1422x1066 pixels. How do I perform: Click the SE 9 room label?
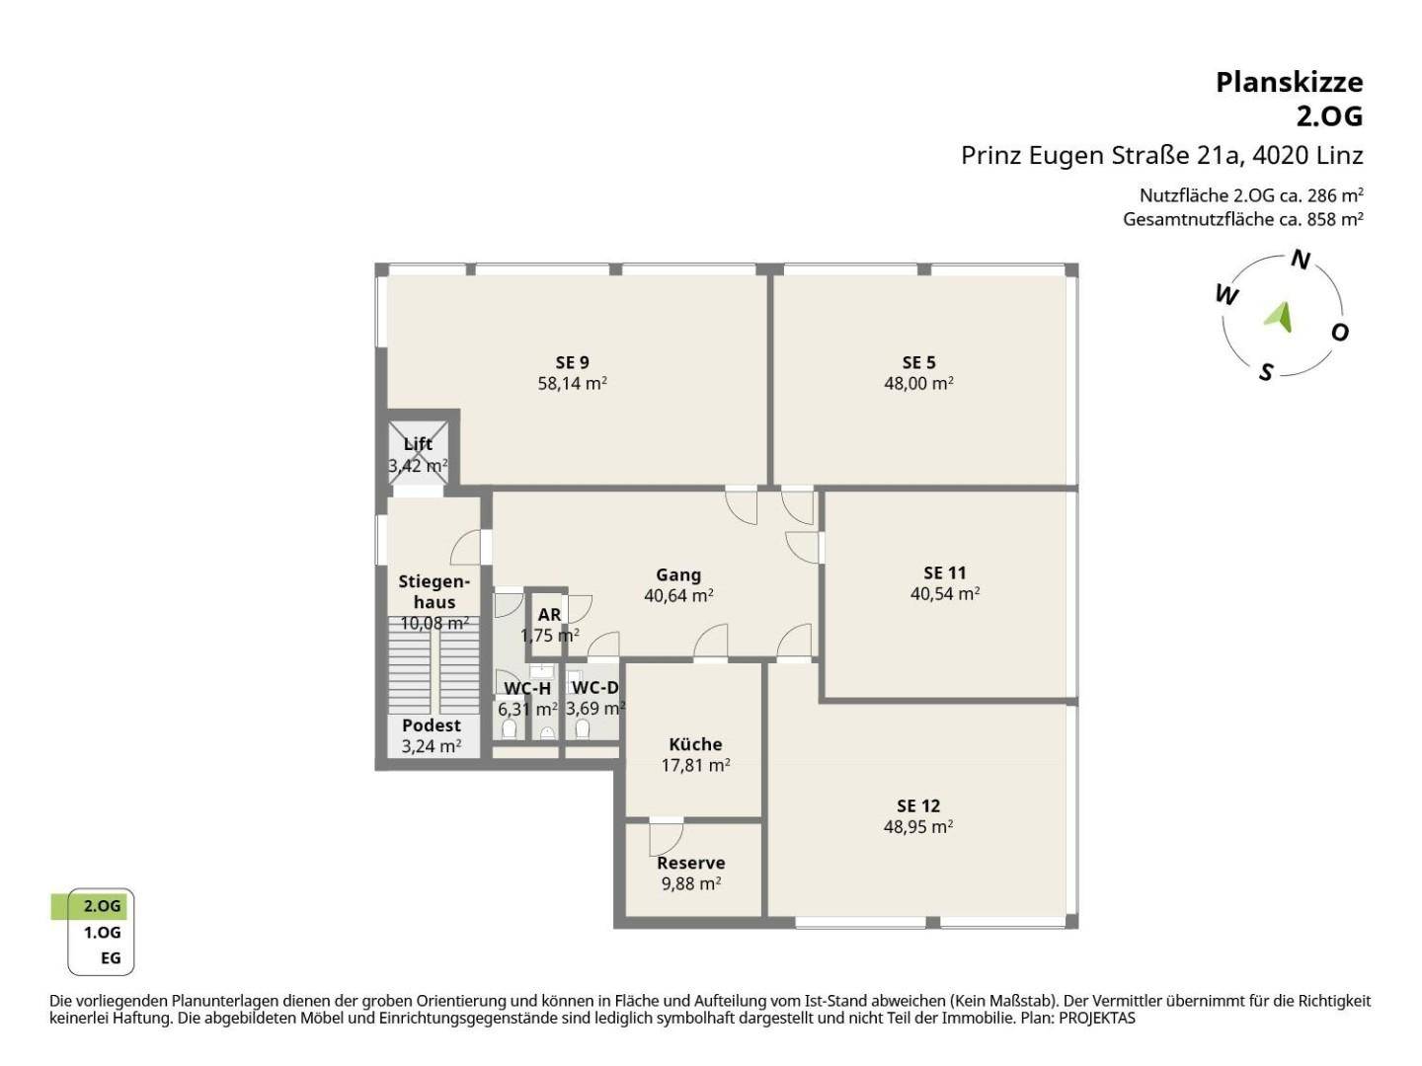coord(572,362)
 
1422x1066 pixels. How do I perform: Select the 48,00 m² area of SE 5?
coord(918,383)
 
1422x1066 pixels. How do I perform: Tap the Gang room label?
coord(678,574)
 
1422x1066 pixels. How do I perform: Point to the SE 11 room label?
coord(945,572)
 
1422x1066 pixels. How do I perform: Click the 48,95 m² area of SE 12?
coord(918,826)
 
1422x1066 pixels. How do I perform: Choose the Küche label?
coord(695,744)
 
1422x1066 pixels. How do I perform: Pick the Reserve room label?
coord(690,863)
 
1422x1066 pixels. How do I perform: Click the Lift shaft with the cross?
coord(418,453)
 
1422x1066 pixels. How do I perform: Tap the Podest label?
coord(431,725)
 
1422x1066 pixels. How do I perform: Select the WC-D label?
coord(594,687)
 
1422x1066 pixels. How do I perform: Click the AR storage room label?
coord(549,614)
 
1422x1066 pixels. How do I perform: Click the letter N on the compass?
coord(1301,260)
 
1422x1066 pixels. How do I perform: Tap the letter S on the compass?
coord(1266,372)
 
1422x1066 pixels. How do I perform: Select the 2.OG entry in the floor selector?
coord(102,906)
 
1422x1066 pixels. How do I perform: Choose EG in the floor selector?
coord(111,957)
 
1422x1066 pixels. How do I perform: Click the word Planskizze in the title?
coord(1290,82)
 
